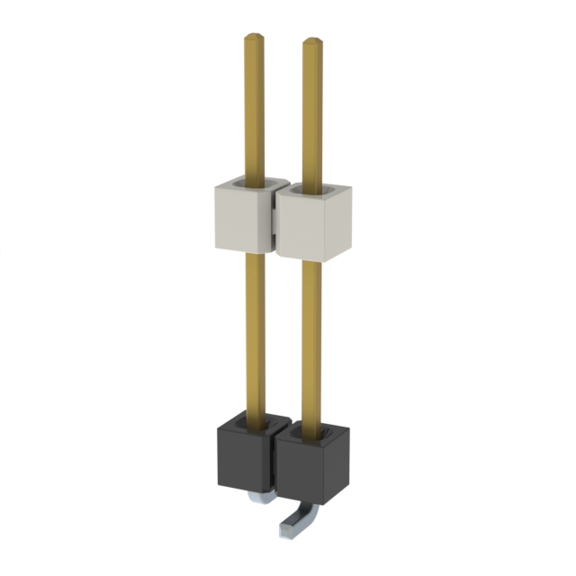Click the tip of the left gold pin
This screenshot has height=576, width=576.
click(254, 39)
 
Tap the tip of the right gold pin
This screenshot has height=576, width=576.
click(311, 42)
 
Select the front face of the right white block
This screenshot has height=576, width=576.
click(306, 229)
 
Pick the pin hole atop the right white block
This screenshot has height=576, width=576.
click(313, 190)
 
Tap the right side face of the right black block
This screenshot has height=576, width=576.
click(344, 468)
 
